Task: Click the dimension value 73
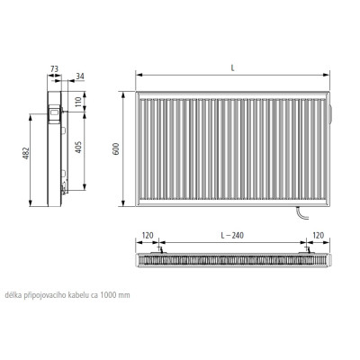point(54,69)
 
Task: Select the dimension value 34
point(80,76)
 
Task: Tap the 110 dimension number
point(78,102)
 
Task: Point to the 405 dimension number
point(78,147)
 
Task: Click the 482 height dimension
point(27,153)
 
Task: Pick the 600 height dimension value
point(115,149)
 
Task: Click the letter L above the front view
point(232,68)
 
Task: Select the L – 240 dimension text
point(232,236)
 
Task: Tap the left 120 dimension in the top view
point(148,236)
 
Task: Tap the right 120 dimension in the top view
point(318,236)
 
